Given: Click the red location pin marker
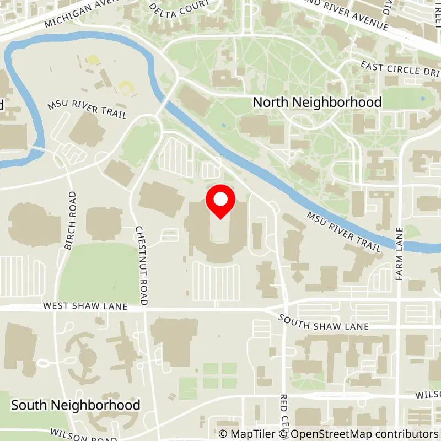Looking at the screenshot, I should tap(220, 202).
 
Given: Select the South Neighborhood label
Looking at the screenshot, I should tap(76, 405).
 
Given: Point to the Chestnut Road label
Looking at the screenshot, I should tap(141, 265).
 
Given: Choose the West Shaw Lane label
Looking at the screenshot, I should tap(85, 306).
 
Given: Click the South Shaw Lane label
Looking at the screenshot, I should tap(324, 322).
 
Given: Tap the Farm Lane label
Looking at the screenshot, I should tap(400, 253).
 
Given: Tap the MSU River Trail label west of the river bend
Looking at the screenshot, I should tap(87, 109).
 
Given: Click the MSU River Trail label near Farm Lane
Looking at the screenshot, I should tap(343, 232).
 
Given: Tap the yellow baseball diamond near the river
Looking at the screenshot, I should tap(126, 87).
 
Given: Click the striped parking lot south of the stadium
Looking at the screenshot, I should tap(216, 281).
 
